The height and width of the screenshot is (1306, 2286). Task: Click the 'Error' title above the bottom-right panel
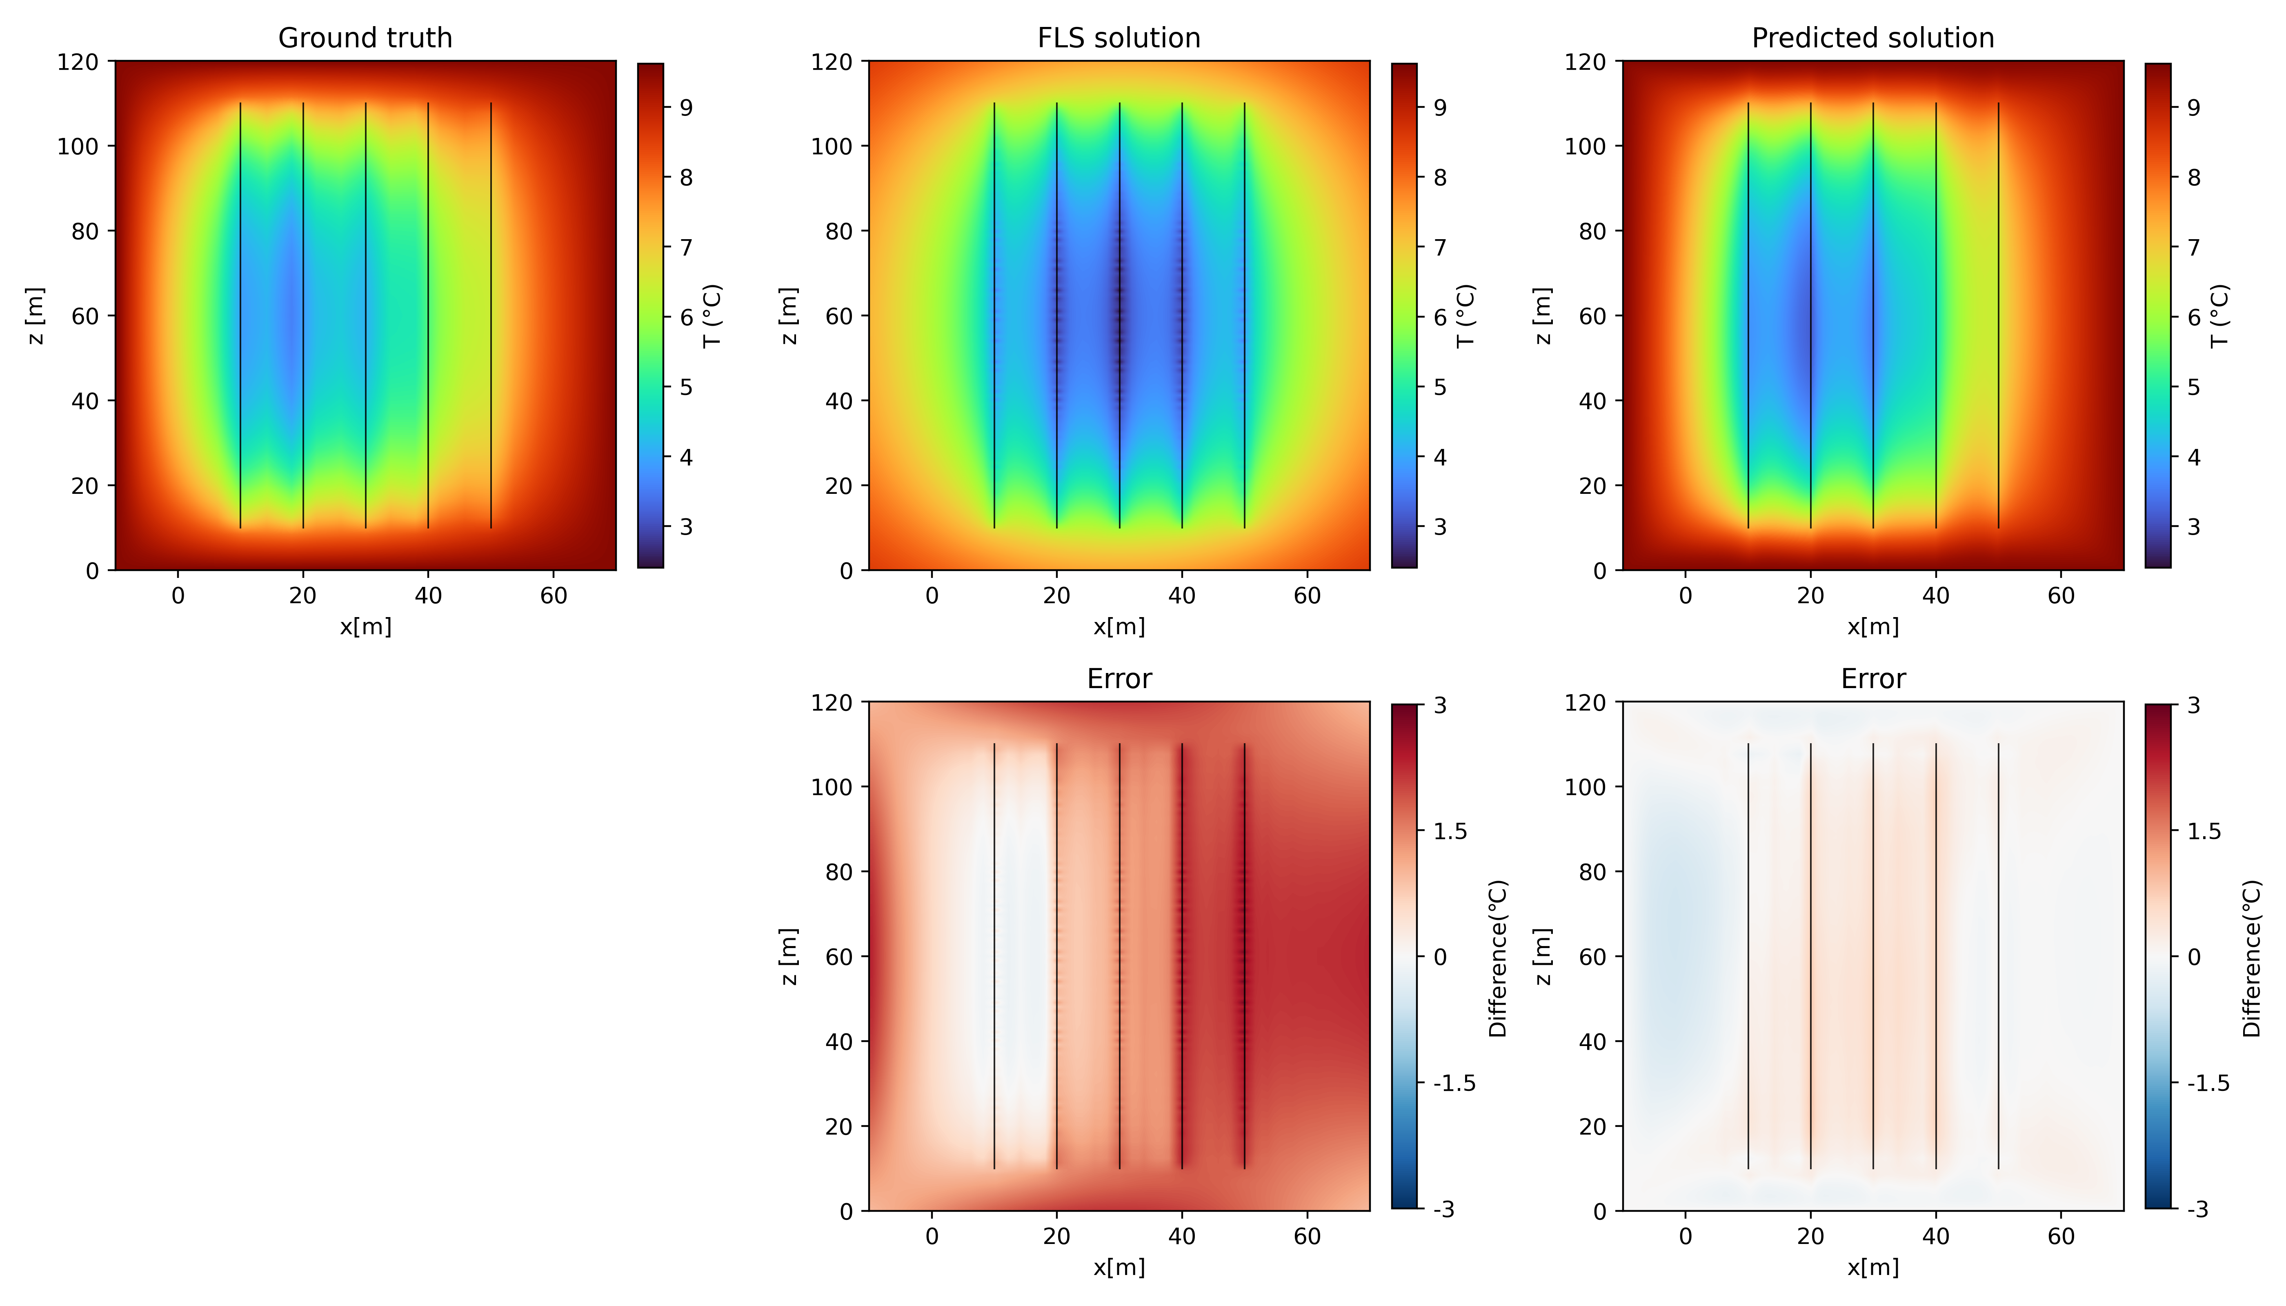click(x=1872, y=679)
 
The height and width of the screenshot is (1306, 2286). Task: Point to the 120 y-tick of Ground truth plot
click(x=78, y=62)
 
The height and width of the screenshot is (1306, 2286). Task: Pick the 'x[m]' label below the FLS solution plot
click(x=1119, y=627)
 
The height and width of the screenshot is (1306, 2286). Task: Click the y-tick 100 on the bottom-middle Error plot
click(x=832, y=786)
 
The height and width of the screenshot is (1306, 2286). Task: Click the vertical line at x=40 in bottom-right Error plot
click(x=1936, y=956)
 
